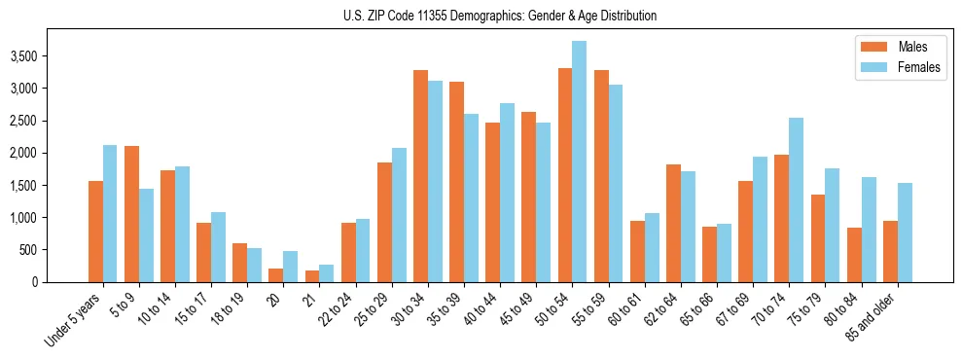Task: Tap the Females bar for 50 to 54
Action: pos(579,162)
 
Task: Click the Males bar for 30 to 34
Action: pos(420,176)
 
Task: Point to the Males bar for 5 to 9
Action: pos(131,214)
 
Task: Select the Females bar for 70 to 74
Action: pos(796,199)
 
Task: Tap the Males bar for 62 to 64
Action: pos(673,223)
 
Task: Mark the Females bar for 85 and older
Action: pos(905,233)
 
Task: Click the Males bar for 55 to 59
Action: pos(601,176)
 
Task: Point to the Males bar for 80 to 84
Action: pos(854,255)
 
